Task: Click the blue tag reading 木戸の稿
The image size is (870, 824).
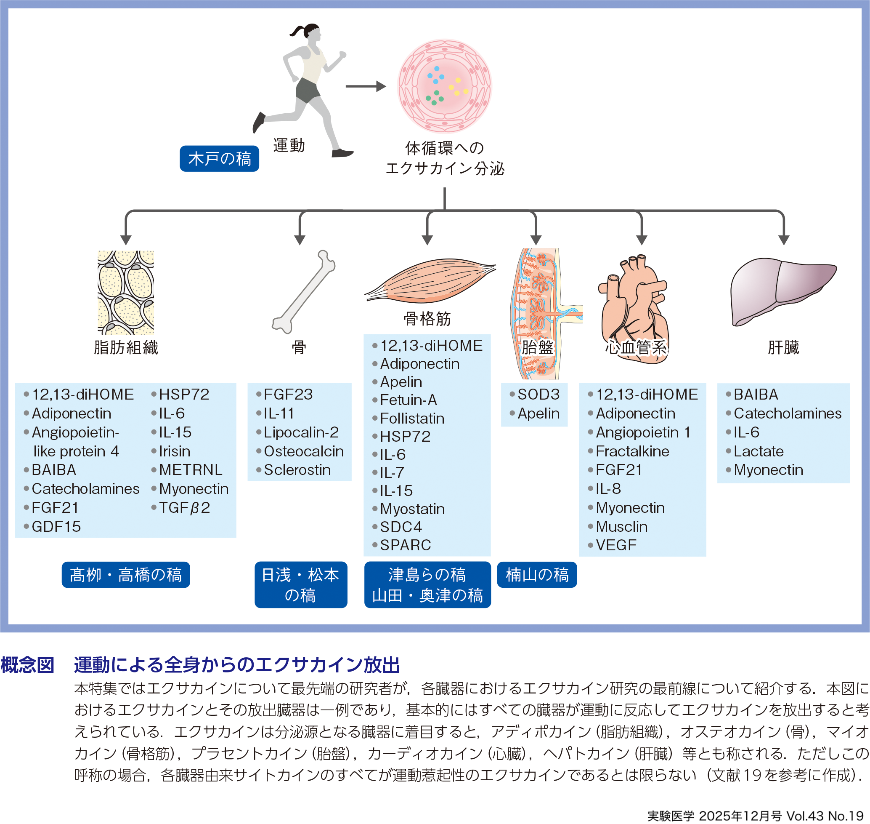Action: pyautogui.click(x=219, y=159)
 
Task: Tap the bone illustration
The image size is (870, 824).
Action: pyautogui.click(x=303, y=292)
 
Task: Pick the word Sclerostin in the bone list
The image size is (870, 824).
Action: pyautogui.click(x=297, y=470)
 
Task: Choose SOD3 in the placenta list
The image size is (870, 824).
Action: pyautogui.click(x=538, y=395)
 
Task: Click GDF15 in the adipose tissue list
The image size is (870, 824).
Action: pyautogui.click(x=56, y=527)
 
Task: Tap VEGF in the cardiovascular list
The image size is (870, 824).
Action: pyautogui.click(x=616, y=545)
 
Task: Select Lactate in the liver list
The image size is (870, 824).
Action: pyautogui.click(x=759, y=451)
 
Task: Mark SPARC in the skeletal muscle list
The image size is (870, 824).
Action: pyautogui.click(x=405, y=545)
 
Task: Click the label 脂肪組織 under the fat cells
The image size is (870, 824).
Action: pyautogui.click(x=126, y=347)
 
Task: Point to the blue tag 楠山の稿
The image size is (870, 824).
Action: pyautogui.click(x=537, y=574)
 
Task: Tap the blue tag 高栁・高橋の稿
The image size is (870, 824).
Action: pyautogui.click(x=125, y=574)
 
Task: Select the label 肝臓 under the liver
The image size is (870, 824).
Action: pyautogui.click(x=783, y=347)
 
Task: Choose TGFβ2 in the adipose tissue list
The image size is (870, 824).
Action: pyautogui.click(x=184, y=508)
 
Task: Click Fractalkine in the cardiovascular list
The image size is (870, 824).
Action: pyautogui.click(x=632, y=451)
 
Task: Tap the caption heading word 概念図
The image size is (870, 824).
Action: pyautogui.click(x=27, y=665)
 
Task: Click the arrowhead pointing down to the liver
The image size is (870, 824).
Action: pyautogui.click(x=783, y=240)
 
